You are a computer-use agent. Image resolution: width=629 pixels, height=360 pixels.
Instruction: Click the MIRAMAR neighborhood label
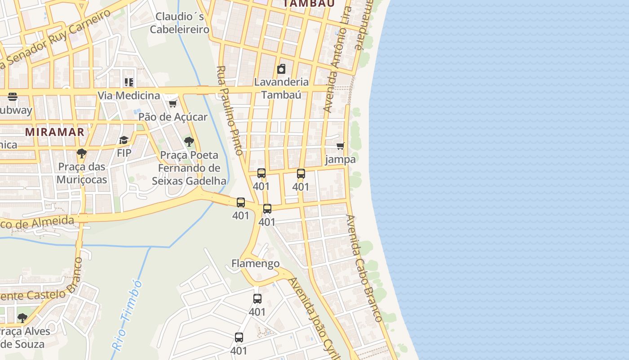(55, 132)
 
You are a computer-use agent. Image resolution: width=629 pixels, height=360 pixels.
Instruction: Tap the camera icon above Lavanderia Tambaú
(281, 69)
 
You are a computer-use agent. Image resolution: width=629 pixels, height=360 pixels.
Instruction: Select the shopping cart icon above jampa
(341, 146)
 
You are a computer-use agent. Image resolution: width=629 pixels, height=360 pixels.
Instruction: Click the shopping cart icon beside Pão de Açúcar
(173, 104)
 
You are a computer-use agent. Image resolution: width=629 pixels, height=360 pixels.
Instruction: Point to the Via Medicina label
(129, 95)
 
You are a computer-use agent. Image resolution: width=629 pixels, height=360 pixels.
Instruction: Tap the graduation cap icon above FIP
(124, 140)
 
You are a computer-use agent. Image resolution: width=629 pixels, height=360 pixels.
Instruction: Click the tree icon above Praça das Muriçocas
(82, 153)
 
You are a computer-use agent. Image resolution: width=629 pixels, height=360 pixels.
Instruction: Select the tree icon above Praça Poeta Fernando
(189, 142)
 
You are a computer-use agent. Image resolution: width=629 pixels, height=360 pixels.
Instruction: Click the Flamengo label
(255, 263)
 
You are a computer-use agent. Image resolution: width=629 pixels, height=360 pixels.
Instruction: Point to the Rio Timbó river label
(127, 315)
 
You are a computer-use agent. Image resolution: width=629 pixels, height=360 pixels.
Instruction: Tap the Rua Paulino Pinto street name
(230, 110)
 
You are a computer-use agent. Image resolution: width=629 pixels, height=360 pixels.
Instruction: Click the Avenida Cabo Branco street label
(364, 268)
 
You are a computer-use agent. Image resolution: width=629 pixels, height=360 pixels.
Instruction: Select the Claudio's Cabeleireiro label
(180, 23)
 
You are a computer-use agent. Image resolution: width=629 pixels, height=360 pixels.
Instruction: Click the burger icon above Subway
(13, 96)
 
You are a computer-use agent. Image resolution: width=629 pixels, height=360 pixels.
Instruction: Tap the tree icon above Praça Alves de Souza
(22, 318)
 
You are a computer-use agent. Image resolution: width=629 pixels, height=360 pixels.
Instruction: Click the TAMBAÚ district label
(309, 3)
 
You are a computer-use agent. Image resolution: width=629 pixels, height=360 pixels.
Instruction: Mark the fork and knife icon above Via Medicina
(129, 82)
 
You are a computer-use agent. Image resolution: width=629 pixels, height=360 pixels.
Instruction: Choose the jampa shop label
(341, 159)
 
